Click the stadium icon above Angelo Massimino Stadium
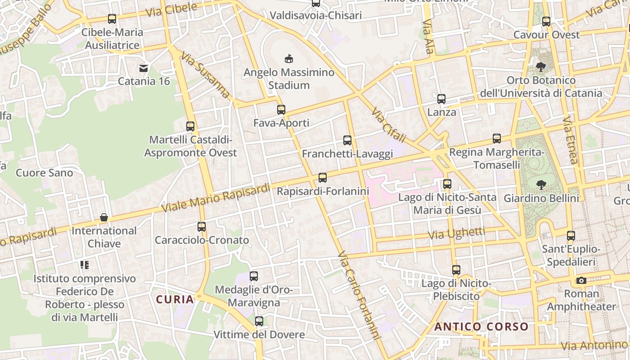[289, 58]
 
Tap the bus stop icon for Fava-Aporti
[281, 109]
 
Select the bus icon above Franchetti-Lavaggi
[347, 140]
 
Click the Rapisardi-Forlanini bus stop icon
[323, 178]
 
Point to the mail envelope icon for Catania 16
[144, 68]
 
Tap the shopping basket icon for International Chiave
[104, 218]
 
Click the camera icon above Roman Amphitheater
[581, 281]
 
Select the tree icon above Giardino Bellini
[541, 184]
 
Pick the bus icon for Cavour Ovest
[546, 21]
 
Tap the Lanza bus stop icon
[441, 99]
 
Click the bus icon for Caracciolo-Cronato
[202, 227]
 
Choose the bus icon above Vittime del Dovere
[259, 321]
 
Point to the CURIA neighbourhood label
[175, 299]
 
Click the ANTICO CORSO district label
[481, 327]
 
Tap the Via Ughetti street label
[456, 234]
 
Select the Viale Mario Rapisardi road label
[216, 198]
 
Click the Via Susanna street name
[206, 75]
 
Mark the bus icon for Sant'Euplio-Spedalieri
[571, 236]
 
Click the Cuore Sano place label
[44, 173]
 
